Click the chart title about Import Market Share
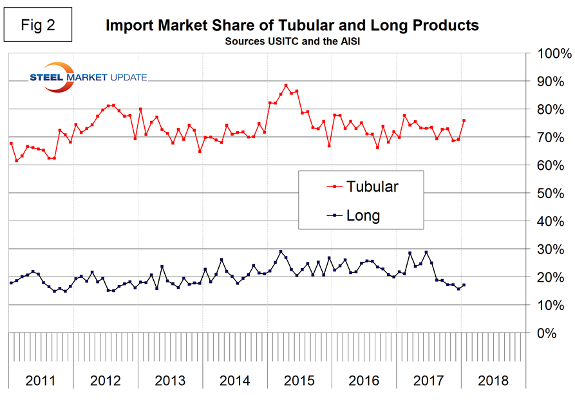tap(292, 26)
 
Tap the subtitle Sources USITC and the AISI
tap(292, 41)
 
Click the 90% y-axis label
tap(550, 81)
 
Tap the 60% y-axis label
tap(550, 165)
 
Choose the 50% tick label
tap(550, 194)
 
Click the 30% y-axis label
tap(550, 250)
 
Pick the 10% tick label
tap(550, 305)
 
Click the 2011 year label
tap(41, 380)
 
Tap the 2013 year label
tap(170, 380)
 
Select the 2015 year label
tap(299, 380)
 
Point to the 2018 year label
tap(493, 380)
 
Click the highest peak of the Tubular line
tap(286, 86)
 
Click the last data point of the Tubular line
tap(464, 120)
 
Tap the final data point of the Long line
tap(464, 285)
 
